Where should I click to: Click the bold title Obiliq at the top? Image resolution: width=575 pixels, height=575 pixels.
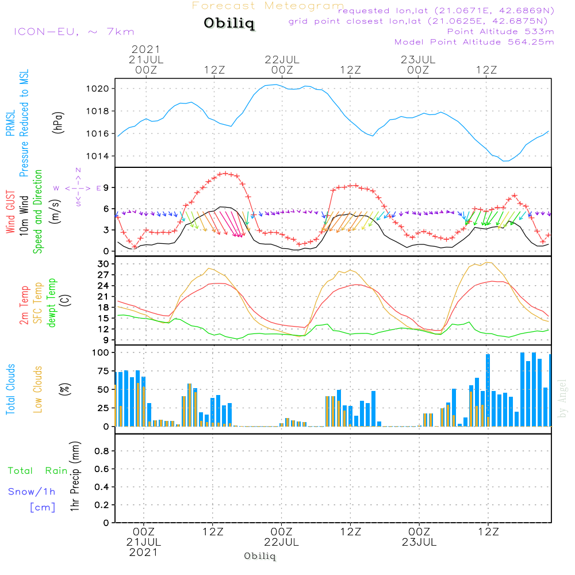229,23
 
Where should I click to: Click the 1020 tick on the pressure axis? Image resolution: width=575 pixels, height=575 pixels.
97,89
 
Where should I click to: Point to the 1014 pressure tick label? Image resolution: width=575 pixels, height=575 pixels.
97,156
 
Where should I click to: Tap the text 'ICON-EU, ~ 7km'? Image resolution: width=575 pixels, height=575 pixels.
74,32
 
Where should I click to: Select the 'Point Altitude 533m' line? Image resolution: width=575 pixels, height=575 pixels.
500,32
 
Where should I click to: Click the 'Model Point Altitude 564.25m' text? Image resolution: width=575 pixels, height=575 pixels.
474,42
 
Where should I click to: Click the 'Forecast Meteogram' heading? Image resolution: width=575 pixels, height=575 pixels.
268,6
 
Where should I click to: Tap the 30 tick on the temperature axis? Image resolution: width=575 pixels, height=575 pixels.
103,264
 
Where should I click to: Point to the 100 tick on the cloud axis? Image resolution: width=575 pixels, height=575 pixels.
100,353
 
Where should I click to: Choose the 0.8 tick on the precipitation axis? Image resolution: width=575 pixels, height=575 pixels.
102,451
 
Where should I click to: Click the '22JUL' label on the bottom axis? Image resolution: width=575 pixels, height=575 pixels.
281,542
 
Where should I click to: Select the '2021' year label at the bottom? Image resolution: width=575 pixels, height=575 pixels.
143,553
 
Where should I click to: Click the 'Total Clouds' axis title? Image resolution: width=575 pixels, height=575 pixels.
10,389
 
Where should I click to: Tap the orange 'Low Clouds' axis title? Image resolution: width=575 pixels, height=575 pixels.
38,389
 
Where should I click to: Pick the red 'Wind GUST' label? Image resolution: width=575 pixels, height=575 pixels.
10,212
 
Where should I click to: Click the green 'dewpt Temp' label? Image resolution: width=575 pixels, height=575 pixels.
51,302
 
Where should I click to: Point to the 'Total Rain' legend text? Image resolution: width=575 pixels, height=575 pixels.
38,471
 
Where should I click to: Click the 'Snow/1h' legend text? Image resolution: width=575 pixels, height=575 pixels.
32,492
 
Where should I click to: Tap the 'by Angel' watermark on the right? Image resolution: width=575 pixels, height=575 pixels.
562,398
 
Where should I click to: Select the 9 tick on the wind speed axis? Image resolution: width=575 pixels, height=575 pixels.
106,188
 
